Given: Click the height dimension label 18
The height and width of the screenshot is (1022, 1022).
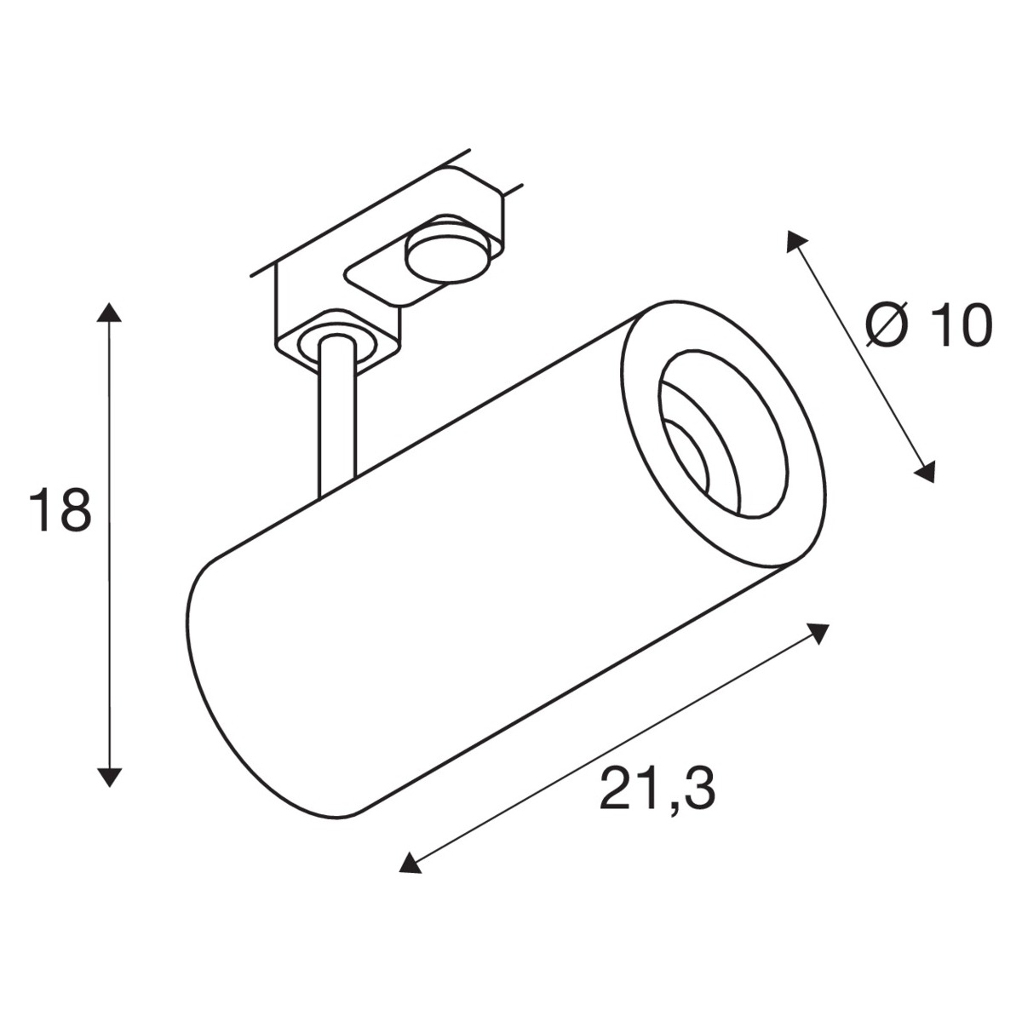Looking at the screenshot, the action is [60, 510].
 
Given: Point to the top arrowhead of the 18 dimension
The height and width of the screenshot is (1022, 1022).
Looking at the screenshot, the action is [109, 313].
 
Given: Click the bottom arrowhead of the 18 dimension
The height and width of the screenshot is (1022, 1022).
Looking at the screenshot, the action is [109, 777].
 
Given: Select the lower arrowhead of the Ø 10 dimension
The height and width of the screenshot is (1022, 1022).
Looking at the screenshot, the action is [925, 472].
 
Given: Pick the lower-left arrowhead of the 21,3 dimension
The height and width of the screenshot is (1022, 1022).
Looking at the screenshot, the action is [410, 861].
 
